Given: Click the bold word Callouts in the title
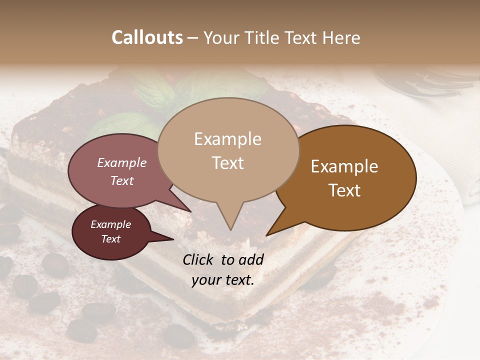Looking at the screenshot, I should pyautogui.click(x=147, y=37).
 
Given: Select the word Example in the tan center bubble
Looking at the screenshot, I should pyautogui.click(x=227, y=139).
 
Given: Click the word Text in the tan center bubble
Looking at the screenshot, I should pyautogui.click(x=227, y=162).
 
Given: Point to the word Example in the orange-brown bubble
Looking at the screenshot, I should pyautogui.click(x=344, y=166).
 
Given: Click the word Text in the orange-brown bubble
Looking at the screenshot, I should pyautogui.click(x=344, y=190).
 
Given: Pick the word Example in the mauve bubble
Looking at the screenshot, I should pyautogui.click(x=122, y=162).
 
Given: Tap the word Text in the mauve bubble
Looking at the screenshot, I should pyautogui.click(x=122, y=180).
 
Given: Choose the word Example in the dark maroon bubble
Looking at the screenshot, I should pyautogui.click(x=110, y=224).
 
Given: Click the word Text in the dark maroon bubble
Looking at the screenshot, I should pyautogui.click(x=110, y=239).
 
